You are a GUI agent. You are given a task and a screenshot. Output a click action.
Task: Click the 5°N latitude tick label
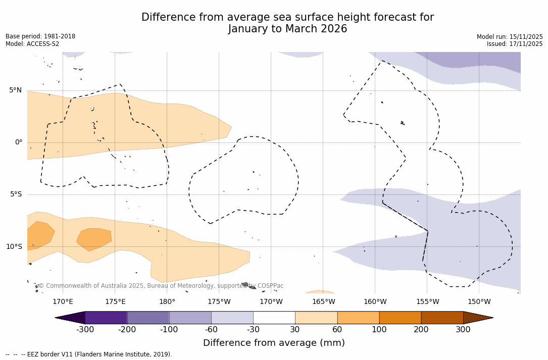pos(15,90)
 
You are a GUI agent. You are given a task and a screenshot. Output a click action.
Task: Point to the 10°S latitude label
pos(14,247)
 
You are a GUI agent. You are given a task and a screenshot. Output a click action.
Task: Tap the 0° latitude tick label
pos(18,142)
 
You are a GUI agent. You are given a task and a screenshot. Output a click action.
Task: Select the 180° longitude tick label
pos(167,302)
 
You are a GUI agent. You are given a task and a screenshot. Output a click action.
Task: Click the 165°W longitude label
pos(323,302)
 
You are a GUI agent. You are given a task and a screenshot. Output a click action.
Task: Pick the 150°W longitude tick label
pos(479,302)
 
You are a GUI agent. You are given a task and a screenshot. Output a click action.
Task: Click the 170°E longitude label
pos(63,302)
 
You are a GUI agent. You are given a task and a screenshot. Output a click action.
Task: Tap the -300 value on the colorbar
pos(85,330)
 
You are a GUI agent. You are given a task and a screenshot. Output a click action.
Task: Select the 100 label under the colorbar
pos(379,330)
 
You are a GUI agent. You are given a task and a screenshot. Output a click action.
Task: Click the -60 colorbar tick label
pos(211,330)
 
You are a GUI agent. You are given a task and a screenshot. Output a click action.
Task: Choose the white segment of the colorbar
pos(274,318)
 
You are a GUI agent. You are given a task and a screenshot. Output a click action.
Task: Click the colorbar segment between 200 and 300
pos(442,318)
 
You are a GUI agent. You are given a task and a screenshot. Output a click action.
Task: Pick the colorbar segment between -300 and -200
pos(106,318)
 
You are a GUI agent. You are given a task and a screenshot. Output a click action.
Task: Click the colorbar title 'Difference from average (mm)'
pos(274,343)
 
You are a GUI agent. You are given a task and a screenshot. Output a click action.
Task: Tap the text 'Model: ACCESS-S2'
pos(32,44)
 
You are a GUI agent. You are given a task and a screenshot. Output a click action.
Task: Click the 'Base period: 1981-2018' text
pos(40,36)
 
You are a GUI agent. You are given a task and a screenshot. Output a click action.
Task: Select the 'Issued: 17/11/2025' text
pos(515,44)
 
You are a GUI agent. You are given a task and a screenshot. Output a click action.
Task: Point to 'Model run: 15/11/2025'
pos(510,37)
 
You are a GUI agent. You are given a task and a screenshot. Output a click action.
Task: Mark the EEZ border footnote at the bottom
pos(88,354)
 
